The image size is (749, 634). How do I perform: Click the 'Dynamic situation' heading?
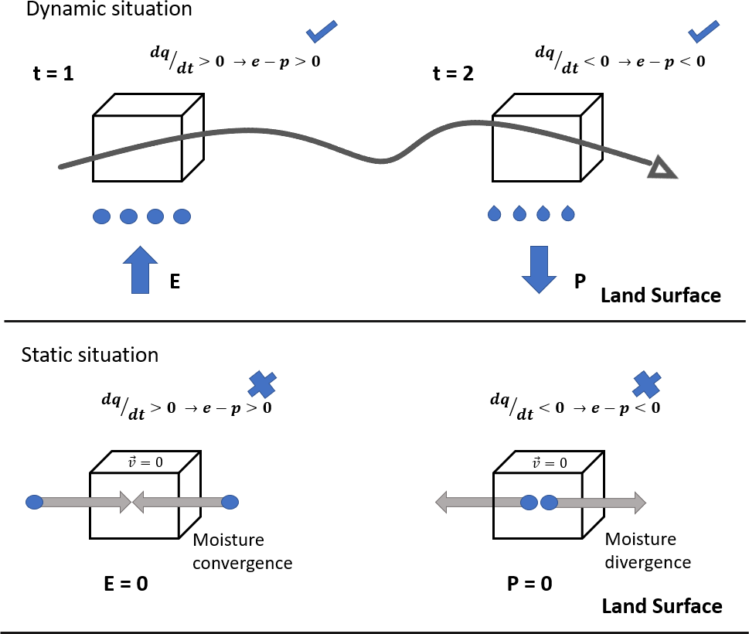pos(109,11)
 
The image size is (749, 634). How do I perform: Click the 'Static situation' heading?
pos(90,355)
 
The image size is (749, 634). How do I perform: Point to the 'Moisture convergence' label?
pos(242,550)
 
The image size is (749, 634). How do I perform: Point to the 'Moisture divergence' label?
pos(640,550)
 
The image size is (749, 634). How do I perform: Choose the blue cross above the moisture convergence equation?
pos(262,383)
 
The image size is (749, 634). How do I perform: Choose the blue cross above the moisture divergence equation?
pos(645,383)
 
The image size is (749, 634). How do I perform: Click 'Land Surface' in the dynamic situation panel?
pos(660,295)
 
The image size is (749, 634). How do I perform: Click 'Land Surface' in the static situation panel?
pos(662,605)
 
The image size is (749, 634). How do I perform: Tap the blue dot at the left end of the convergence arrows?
pos(34,503)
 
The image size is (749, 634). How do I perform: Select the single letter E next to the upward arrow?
pos(175,283)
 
